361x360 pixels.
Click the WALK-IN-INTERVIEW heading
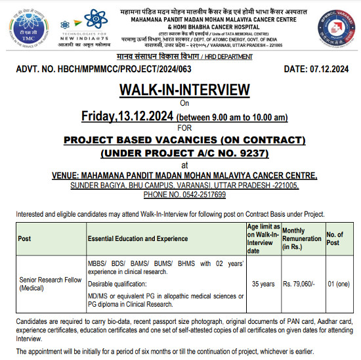(x=184, y=89)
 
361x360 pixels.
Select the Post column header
(x=24, y=238)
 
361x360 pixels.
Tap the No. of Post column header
(x=335, y=238)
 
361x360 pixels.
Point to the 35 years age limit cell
(x=263, y=284)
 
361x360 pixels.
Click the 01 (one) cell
(x=338, y=284)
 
